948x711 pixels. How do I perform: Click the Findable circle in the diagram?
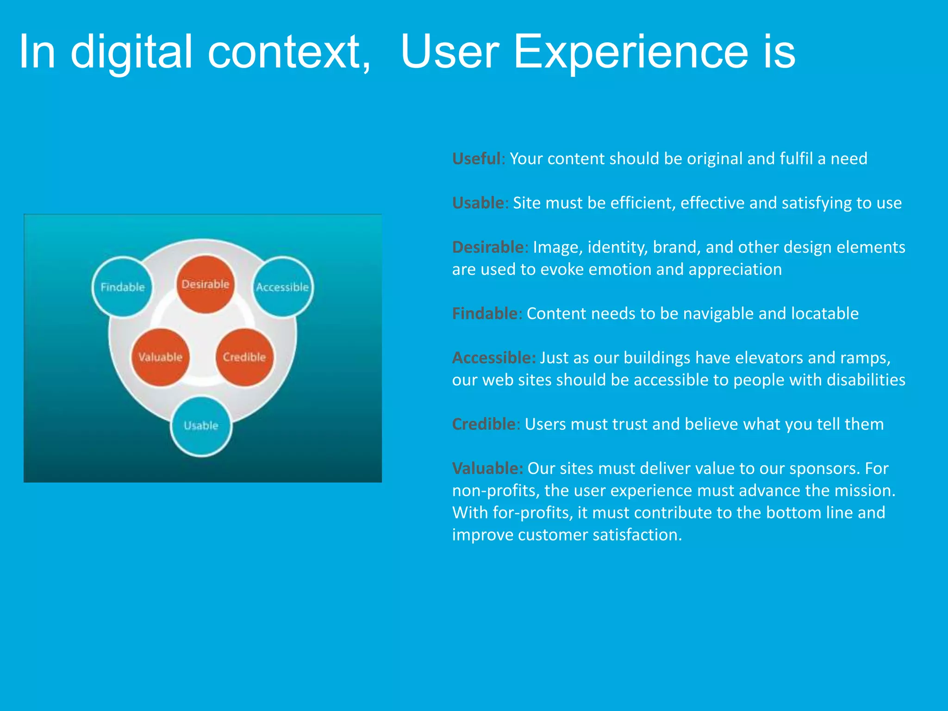point(123,287)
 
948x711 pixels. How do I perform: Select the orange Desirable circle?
point(205,284)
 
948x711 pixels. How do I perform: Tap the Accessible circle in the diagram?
point(282,287)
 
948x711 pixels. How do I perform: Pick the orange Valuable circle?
point(160,357)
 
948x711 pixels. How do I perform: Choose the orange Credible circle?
point(244,357)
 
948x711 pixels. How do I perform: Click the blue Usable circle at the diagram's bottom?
point(201,426)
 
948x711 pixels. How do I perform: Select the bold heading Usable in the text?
point(478,203)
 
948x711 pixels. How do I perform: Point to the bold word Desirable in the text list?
point(487,247)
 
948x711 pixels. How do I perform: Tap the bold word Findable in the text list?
point(484,314)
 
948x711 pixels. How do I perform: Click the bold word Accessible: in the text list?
point(493,358)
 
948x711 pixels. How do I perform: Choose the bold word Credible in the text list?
point(483,424)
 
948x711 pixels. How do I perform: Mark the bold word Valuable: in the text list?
point(487,468)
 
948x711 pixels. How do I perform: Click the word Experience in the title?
point(630,52)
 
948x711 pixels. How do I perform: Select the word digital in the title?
point(131,52)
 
